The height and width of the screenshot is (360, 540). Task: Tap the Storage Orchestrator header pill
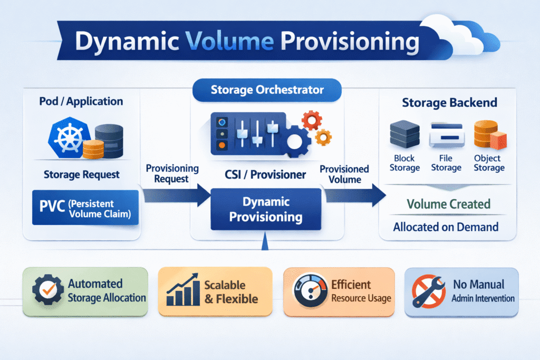(267, 90)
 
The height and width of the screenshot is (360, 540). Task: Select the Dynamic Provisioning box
(266, 209)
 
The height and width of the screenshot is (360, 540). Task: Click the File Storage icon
(446, 135)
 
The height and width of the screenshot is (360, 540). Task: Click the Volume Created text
(448, 204)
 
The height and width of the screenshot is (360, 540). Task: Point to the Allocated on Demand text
(446, 227)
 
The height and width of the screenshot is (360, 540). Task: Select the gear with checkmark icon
(47, 290)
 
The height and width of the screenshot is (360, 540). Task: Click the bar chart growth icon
(182, 290)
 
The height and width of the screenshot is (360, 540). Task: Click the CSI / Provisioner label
(267, 174)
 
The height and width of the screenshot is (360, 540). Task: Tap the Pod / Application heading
(81, 101)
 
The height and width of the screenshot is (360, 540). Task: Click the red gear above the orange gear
(313, 121)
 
